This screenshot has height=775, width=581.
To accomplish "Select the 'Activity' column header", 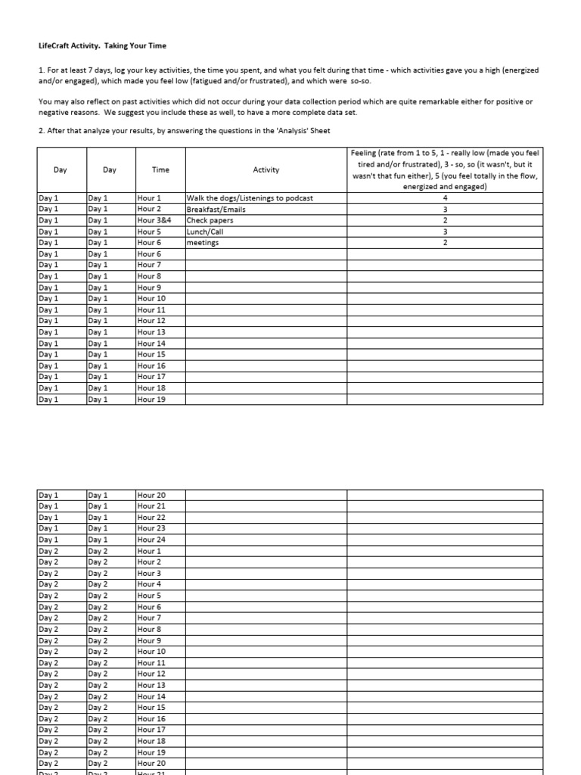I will pyautogui.click(x=266, y=170).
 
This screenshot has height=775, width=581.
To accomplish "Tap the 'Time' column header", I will pyautogui.click(x=160, y=170).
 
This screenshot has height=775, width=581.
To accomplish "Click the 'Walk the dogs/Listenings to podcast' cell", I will pyautogui.click(x=250, y=198).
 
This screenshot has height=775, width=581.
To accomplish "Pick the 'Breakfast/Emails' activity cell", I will pyautogui.click(x=216, y=209).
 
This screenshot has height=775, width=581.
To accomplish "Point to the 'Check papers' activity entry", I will pyautogui.click(x=210, y=220).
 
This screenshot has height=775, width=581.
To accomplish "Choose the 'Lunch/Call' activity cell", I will pyautogui.click(x=206, y=232).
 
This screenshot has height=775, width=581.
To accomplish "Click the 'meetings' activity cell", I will pyautogui.click(x=203, y=243).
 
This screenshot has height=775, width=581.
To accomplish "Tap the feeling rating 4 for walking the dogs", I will pyautogui.click(x=445, y=198).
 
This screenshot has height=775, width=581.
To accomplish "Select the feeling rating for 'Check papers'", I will pyautogui.click(x=445, y=220).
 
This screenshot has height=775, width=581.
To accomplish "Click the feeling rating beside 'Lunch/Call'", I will pyautogui.click(x=445, y=232).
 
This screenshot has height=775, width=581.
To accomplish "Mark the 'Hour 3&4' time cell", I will pyautogui.click(x=154, y=220).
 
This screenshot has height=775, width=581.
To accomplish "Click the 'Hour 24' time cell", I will pyautogui.click(x=151, y=540).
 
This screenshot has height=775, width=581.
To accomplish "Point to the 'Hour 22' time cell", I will pyautogui.click(x=151, y=517).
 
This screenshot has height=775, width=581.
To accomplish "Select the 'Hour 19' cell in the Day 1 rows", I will pyautogui.click(x=151, y=400).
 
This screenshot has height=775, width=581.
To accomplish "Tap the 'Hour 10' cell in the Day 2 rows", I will pyautogui.click(x=151, y=652).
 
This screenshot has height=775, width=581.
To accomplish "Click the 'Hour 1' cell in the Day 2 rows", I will pyautogui.click(x=149, y=551).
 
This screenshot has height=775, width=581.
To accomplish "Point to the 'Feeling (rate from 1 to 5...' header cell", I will pyautogui.click(x=445, y=170).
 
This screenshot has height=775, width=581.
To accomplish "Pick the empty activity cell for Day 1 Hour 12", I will pyautogui.click(x=266, y=321).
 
